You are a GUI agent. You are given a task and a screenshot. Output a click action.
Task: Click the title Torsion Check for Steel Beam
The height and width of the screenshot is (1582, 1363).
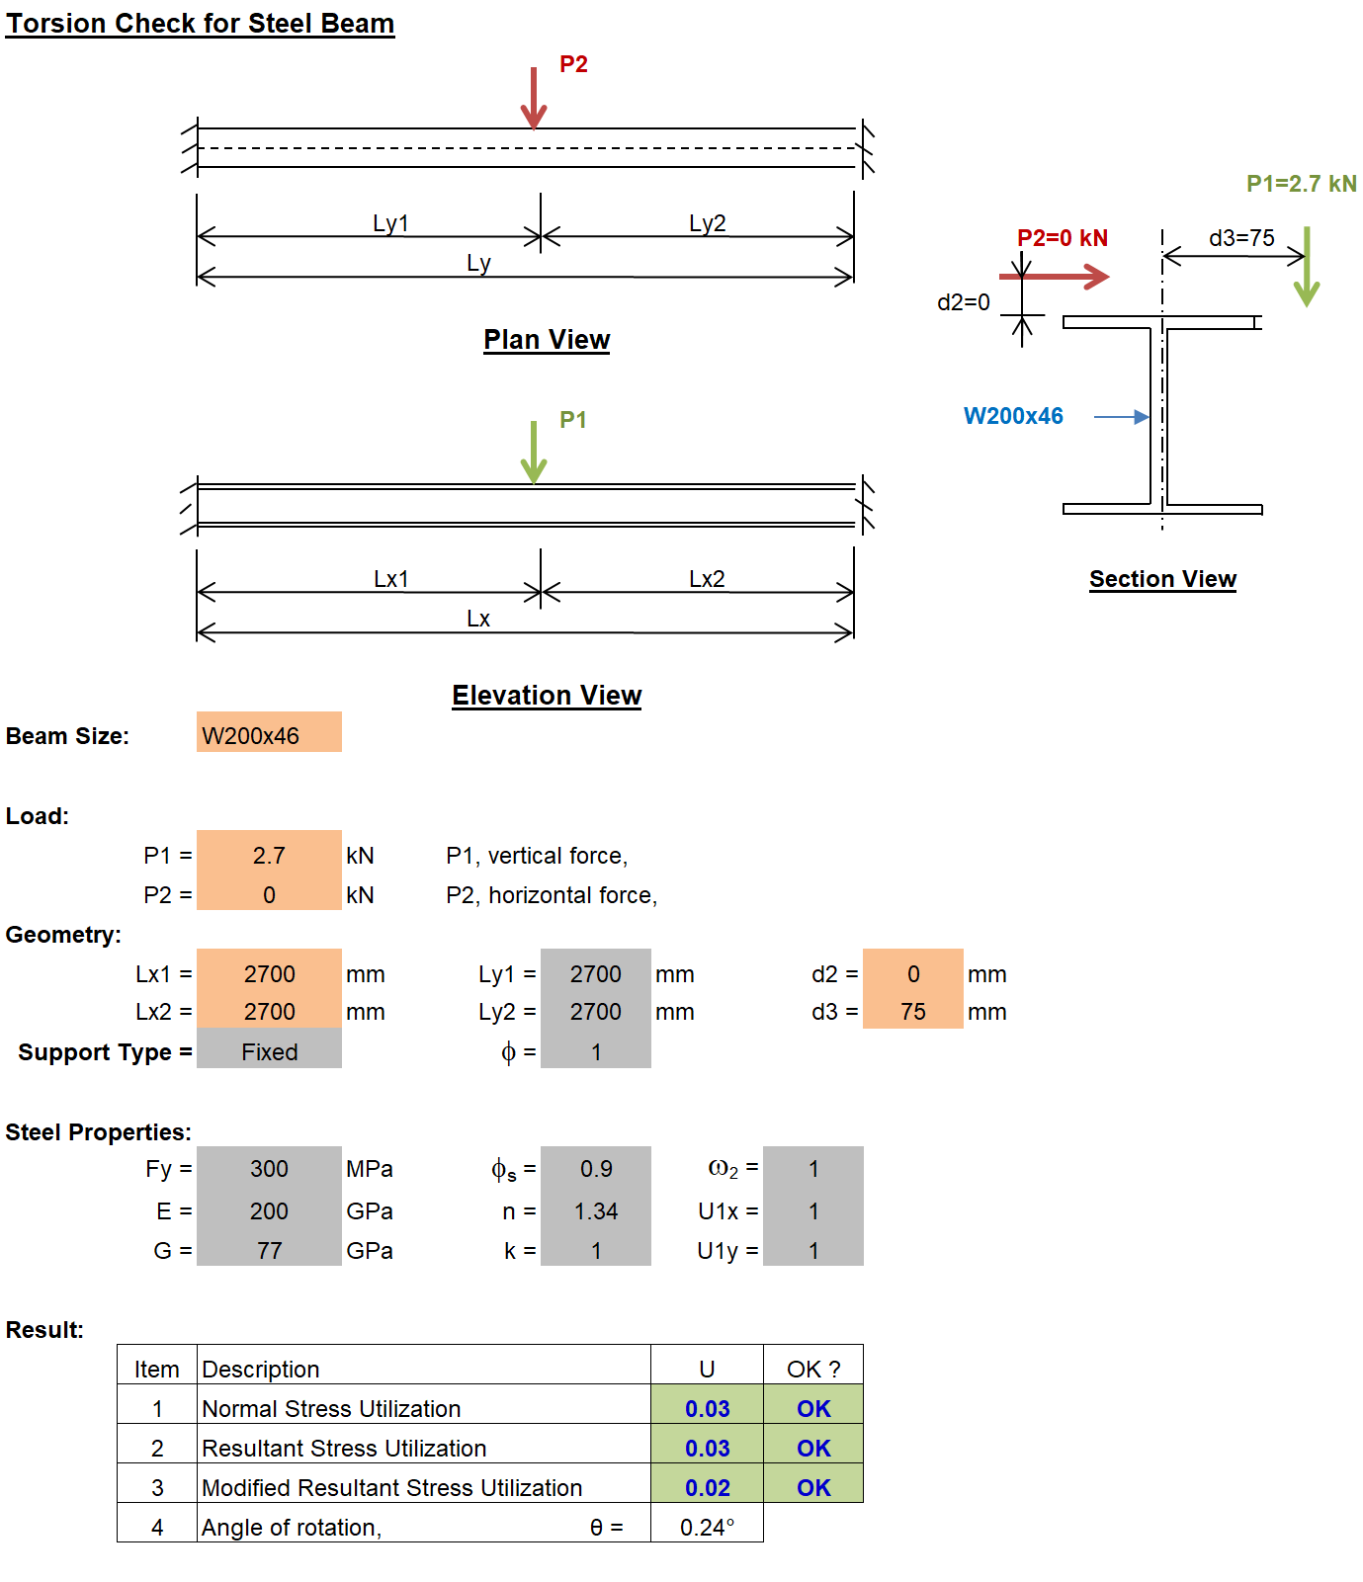[200, 24]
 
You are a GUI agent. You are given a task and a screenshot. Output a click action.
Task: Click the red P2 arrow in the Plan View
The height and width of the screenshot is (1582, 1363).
[534, 98]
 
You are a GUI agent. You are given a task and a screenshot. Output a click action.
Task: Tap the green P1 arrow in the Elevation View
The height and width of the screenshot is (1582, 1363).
[534, 452]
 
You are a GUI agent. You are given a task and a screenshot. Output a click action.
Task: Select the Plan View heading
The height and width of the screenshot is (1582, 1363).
[547, 340]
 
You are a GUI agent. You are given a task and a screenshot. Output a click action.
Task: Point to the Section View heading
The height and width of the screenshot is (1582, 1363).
[1162, 579]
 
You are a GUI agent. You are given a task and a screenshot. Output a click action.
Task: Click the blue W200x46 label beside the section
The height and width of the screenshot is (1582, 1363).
[1013, 416]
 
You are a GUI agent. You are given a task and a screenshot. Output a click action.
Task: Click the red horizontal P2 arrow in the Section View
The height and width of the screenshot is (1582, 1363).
[1055, 277]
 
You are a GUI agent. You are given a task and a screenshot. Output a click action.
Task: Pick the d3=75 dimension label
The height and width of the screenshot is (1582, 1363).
[1241, 238]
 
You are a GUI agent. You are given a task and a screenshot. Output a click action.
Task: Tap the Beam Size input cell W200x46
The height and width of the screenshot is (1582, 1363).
[269, 732]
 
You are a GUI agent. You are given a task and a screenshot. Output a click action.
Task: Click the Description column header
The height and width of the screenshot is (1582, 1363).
[261, 1370]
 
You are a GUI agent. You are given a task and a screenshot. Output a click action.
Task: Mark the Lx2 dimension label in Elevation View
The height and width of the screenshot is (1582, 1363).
[707, 579]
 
